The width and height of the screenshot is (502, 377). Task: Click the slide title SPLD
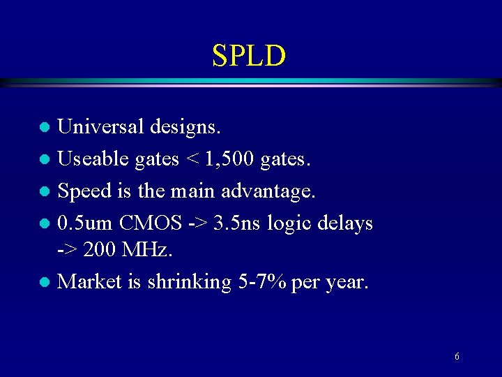[x=249, y=56]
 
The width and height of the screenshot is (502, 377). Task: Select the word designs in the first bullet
[x=187, y=128]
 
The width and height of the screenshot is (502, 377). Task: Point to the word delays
[x=345, y=224]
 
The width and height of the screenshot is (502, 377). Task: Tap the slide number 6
[x=457, y=357]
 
